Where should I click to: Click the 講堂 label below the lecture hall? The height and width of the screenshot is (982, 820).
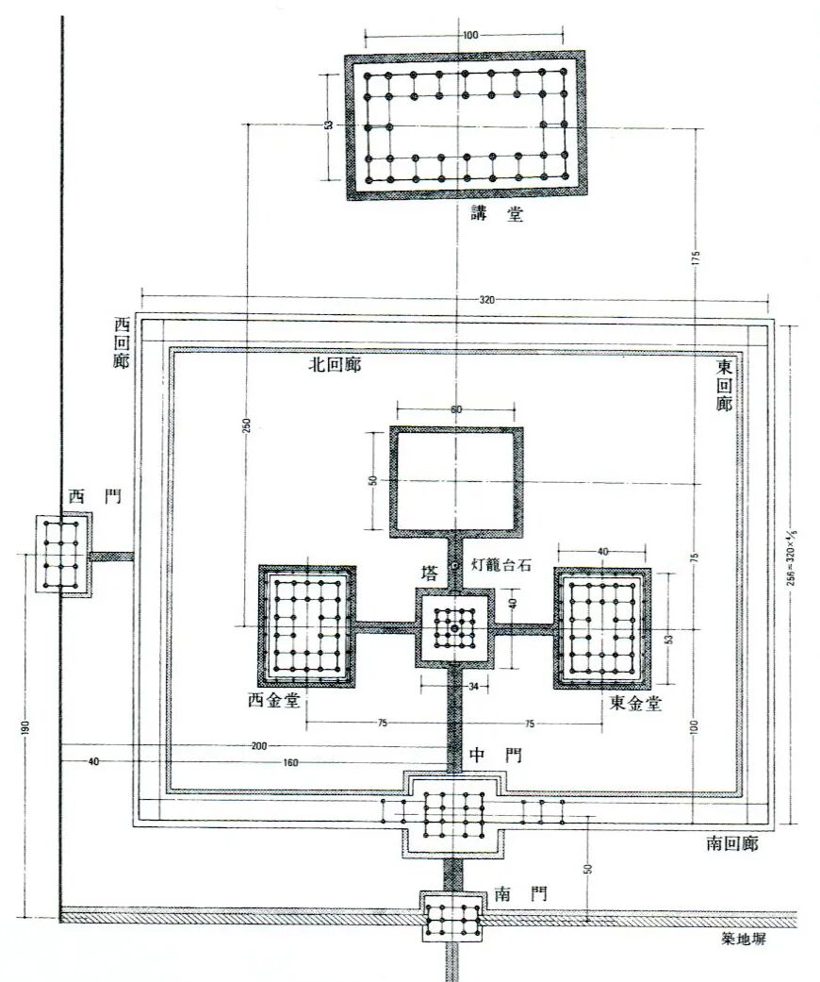click(498, 215)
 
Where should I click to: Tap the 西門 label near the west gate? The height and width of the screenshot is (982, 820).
click(95, 497)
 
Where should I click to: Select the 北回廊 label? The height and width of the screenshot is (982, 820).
click(335, 365)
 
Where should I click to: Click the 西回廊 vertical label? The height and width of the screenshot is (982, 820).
click(122, 342)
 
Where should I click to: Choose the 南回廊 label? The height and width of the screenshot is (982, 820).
click(732, 843)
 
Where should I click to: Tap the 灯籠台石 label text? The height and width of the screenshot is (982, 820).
click(500, 564)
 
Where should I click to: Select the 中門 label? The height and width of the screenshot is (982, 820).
click(495, 756)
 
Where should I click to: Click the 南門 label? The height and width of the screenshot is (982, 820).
click(520, 893)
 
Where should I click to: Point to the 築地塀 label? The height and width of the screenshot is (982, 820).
click(743, 940)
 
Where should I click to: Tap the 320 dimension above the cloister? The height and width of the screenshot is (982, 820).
click(486, 300)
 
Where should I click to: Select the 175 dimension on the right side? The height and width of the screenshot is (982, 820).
click(697, 258)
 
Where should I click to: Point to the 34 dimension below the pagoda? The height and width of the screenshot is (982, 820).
click(473, 687)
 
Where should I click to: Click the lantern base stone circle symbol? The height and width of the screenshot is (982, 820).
click(455, 566)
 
